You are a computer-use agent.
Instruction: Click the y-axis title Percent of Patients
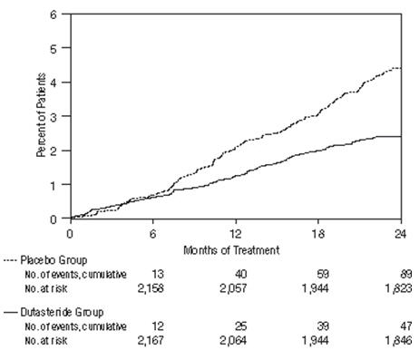[42, 115]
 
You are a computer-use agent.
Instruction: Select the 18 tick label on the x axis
[317, 231]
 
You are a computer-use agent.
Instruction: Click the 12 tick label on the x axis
[236, 231]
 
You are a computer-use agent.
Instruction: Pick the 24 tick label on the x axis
[399, 231]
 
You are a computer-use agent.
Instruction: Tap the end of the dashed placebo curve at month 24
[400, 68]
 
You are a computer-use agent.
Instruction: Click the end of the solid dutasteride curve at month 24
[400, 136]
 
